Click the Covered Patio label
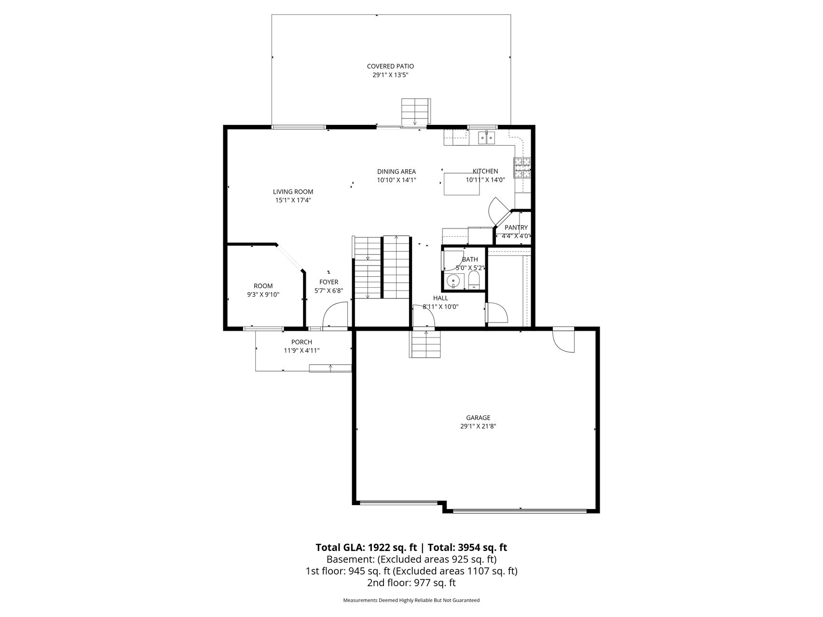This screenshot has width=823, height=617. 390,67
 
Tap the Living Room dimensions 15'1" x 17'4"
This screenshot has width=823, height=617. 293,200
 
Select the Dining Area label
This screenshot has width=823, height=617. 397,172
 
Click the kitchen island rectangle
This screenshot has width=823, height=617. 462,184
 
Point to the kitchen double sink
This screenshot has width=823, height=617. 487,138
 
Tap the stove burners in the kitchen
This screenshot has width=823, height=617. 522,169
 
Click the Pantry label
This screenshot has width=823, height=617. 516,228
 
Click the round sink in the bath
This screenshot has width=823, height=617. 453,281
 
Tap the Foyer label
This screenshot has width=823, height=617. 329,282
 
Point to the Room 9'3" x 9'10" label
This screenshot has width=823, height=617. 263,290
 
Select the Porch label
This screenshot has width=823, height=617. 302,342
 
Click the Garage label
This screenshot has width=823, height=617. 478,418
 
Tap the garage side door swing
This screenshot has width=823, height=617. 564,340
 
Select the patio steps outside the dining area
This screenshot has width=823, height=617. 415,112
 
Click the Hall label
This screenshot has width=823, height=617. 440,298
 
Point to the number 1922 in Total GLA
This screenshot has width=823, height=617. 380,548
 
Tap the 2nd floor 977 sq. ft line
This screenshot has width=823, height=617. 411,583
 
